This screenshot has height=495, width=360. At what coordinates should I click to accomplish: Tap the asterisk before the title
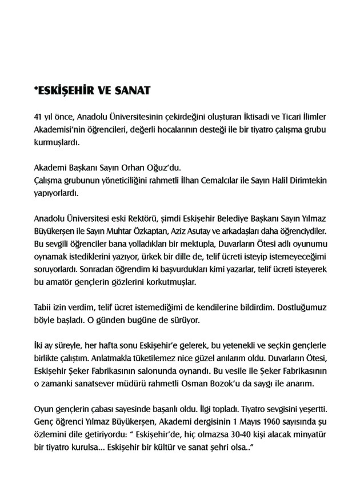37,89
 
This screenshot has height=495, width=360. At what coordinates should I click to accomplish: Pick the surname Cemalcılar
220,180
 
